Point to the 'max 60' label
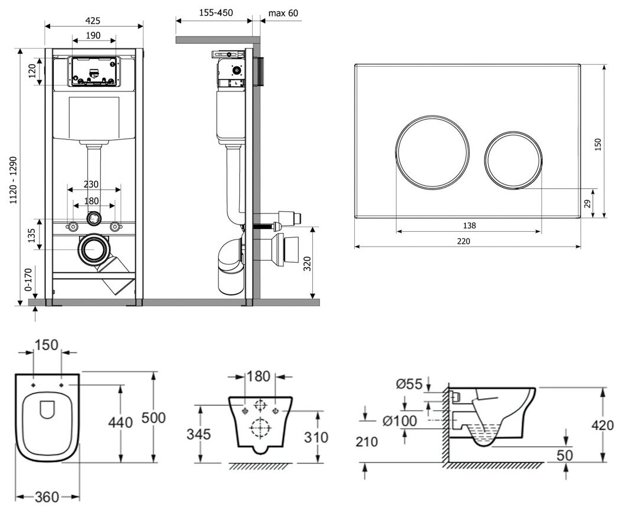[283, 13]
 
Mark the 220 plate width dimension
[466, 241]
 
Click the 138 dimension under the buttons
[469, 225]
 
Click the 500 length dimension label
[154, 418]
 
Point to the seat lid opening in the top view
[47, 408]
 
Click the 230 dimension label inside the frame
[91, 184]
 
